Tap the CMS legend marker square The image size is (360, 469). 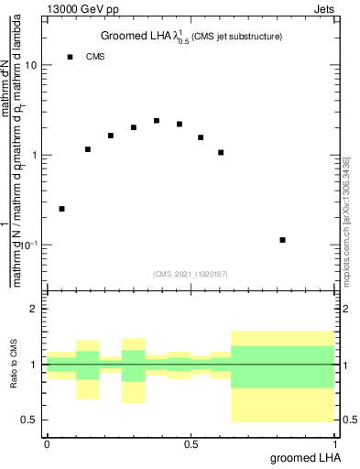(70, 57)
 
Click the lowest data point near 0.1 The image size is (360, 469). (283, 240)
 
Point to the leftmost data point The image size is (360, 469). (61, 209)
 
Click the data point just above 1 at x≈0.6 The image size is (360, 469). (221, 152)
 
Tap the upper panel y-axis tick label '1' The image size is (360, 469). (35, 156)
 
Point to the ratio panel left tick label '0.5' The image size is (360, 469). (30, 420)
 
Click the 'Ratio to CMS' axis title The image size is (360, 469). (14, 365)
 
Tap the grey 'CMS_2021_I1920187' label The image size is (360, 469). (191, 274)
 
